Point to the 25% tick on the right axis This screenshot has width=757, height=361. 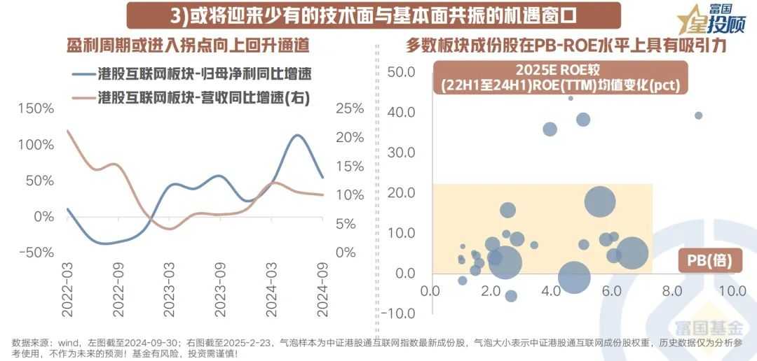point(350,108)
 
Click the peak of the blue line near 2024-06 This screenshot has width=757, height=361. point(297,135)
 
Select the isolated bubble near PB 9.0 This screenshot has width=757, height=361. point(698,115)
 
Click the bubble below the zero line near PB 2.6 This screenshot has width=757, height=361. point(511,296)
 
